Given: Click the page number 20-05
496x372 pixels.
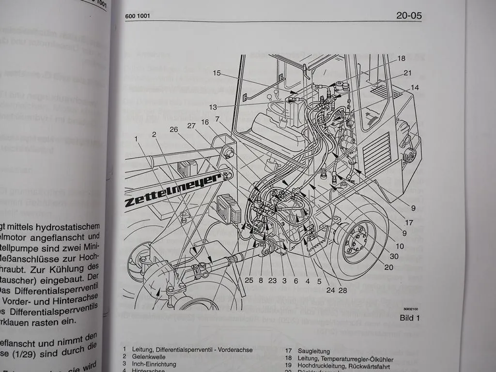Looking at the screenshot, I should [x=409, y=15].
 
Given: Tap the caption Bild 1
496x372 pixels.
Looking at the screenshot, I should [x=410, y=318].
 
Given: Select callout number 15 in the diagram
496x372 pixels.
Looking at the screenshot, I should [x=217, y=73].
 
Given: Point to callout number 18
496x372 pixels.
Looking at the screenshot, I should [x=401, y=59].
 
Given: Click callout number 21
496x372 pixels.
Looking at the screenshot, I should [x=407, y=73].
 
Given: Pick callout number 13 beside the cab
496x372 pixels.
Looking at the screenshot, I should [x=214, y=107].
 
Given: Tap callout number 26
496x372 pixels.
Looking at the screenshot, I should [x=174, y=129].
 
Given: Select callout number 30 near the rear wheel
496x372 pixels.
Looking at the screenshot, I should [x=394, y=257].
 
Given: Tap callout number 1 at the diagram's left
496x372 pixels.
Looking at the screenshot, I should [x=137, y=139].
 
